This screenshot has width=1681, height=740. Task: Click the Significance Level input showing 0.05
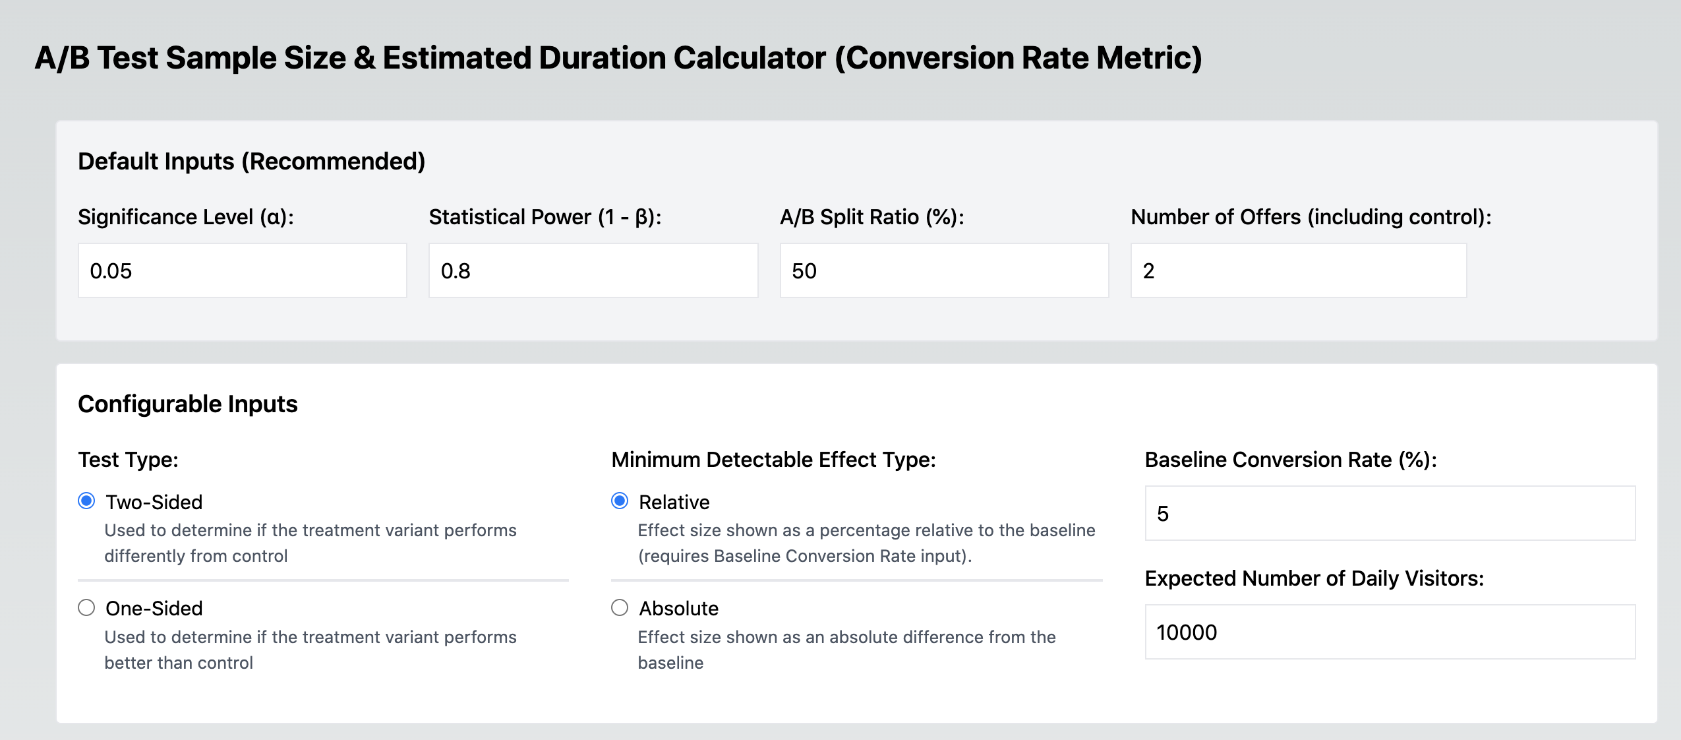tap(242, 270)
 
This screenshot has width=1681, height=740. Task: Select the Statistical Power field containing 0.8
tap(593, 270)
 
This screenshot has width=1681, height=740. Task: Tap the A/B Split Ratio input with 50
tap(943, 270)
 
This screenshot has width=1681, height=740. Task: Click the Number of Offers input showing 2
tap(1298, 270)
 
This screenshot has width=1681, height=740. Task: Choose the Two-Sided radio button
tap(86, 501)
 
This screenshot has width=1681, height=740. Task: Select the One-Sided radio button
tap(86, 607)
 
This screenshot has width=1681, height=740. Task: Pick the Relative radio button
tap(620, 501)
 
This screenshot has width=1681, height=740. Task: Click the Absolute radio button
tap(620, 607)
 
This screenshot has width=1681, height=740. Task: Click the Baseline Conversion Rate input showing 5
tap(1390, 513)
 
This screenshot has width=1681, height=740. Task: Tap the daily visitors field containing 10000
tap(1390, 632)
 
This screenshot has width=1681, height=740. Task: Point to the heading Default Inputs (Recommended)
tap(251, 162)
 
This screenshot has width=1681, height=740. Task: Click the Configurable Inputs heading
tap(188, 404)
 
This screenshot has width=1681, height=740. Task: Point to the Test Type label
tap(128, 460)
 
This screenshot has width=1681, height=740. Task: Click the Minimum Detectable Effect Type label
tap(773, 460)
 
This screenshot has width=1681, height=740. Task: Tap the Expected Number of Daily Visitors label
tap(1314, 578)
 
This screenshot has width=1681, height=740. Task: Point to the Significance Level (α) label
tap(186, 217)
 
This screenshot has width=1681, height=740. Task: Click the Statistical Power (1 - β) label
tap(545, 217)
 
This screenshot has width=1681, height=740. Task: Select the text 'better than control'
tap(179, 663)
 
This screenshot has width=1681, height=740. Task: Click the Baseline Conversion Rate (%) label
tap(1290, 460)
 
